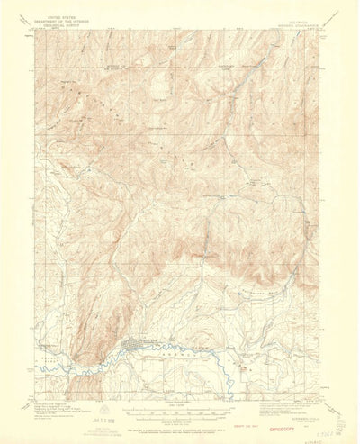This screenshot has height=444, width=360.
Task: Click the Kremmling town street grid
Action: click(x=135, y=341)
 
